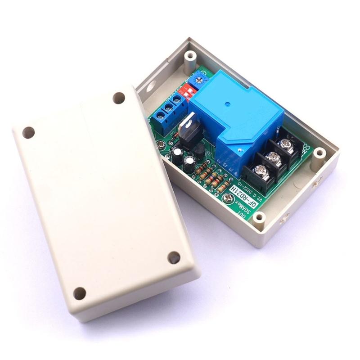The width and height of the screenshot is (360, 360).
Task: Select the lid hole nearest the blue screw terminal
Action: (x=119, y=98)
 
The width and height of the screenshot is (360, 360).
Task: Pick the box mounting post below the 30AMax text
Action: (x=259, y=218)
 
